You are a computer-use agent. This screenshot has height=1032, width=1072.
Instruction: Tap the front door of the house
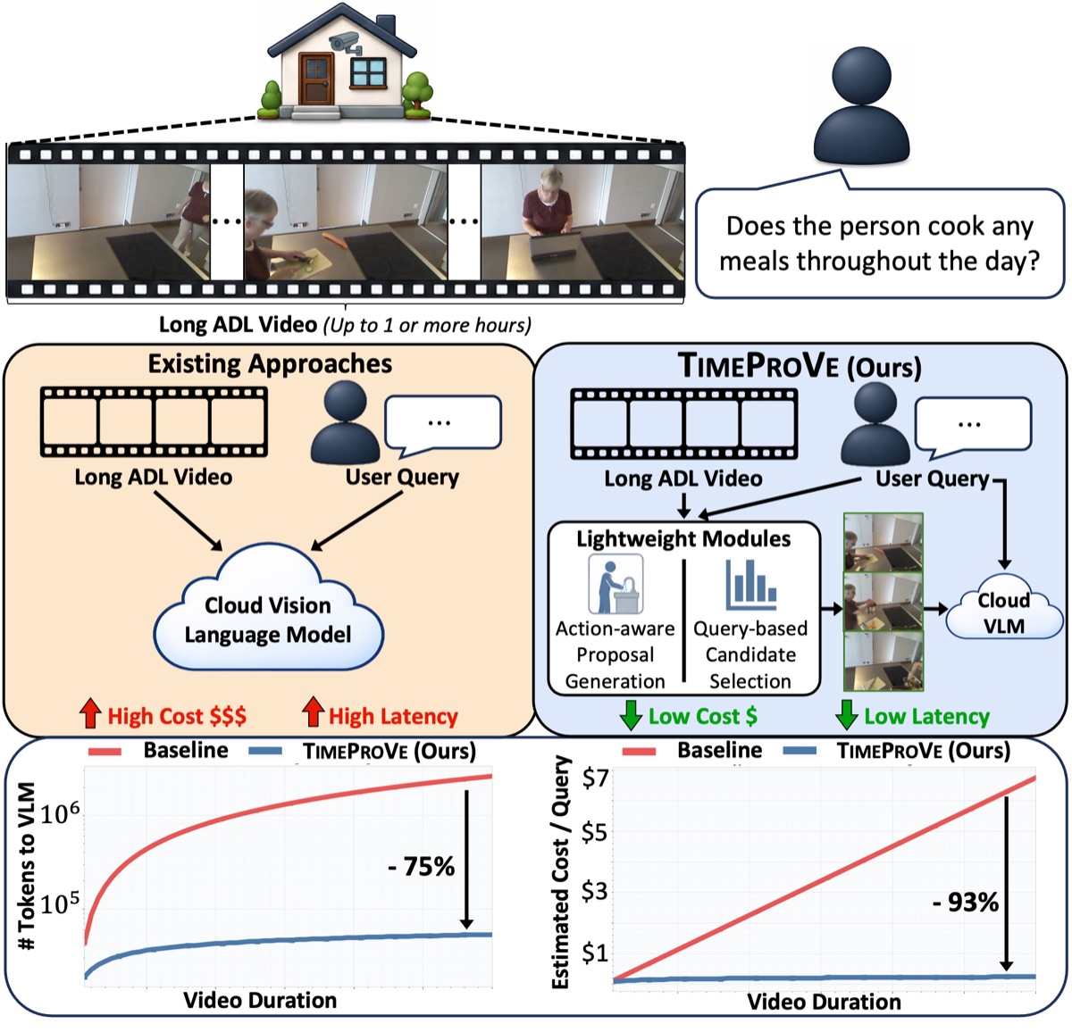click(x=316, y=79)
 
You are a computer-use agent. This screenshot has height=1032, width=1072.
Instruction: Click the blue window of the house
click(x=367, y=73)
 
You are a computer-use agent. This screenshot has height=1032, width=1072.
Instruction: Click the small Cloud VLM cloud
click(x=1004, y=607)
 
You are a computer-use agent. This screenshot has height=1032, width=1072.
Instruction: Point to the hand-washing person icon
click(x=616, y=584)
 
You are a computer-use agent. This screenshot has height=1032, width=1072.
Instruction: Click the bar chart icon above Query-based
click(x=750, y=585)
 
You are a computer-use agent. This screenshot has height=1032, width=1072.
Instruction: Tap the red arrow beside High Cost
click(x=90, y=713)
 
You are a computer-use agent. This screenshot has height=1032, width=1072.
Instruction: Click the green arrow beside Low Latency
click(x=847, y=714)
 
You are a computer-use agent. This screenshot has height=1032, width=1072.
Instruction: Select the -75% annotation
click(x=422, y=866)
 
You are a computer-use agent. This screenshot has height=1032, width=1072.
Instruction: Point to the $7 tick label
click(x=595, y=778)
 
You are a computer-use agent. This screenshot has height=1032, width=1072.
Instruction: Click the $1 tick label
click(x=595, y=953)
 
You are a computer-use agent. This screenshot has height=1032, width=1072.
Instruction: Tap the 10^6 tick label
click(x=60, y=812)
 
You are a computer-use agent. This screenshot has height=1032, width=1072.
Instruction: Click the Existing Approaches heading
click(x=270, y=364)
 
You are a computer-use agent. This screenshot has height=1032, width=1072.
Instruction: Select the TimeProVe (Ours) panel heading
click(x=800, y=365)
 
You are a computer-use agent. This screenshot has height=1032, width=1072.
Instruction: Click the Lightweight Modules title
click(x=683, y=538)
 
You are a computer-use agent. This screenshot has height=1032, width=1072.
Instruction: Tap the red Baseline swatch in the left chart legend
click(x=105, y=752)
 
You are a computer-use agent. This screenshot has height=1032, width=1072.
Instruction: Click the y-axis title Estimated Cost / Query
click(x=560, y=872)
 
